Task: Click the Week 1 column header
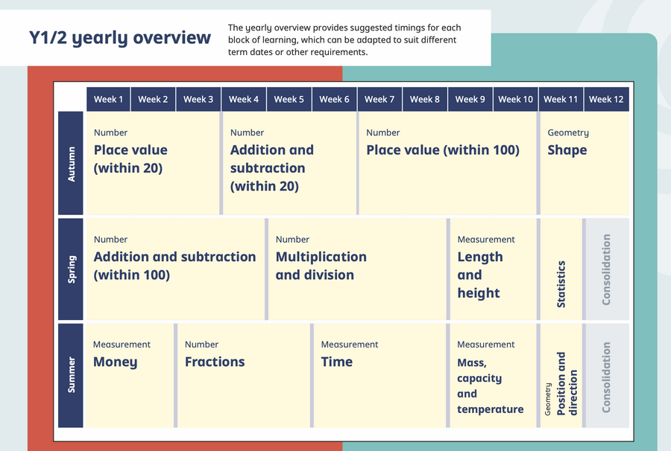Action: click(108, 99)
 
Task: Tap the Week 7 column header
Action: click(379, 99)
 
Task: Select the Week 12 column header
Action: click(606, 99)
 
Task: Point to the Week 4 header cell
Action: click(244, 99)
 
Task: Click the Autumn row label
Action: click(71, 163)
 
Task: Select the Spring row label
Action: click(71, 269)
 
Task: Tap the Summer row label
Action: click(71, 375)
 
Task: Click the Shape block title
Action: click(567, 150)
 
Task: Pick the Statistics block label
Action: click(561, 284)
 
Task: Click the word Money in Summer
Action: click(115, 362)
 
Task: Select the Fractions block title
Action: click(215, 362)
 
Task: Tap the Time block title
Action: click(337, 362)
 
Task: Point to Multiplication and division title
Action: click(321, 266)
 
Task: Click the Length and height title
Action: click(479, 275)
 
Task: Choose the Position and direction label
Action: click(567, 383)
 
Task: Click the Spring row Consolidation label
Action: click(606, 269)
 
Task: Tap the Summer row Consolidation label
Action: click(606, 377)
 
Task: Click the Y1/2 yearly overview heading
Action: click(120, 37)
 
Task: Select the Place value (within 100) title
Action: click(443, 150)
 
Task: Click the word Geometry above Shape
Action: click(568, 132)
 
